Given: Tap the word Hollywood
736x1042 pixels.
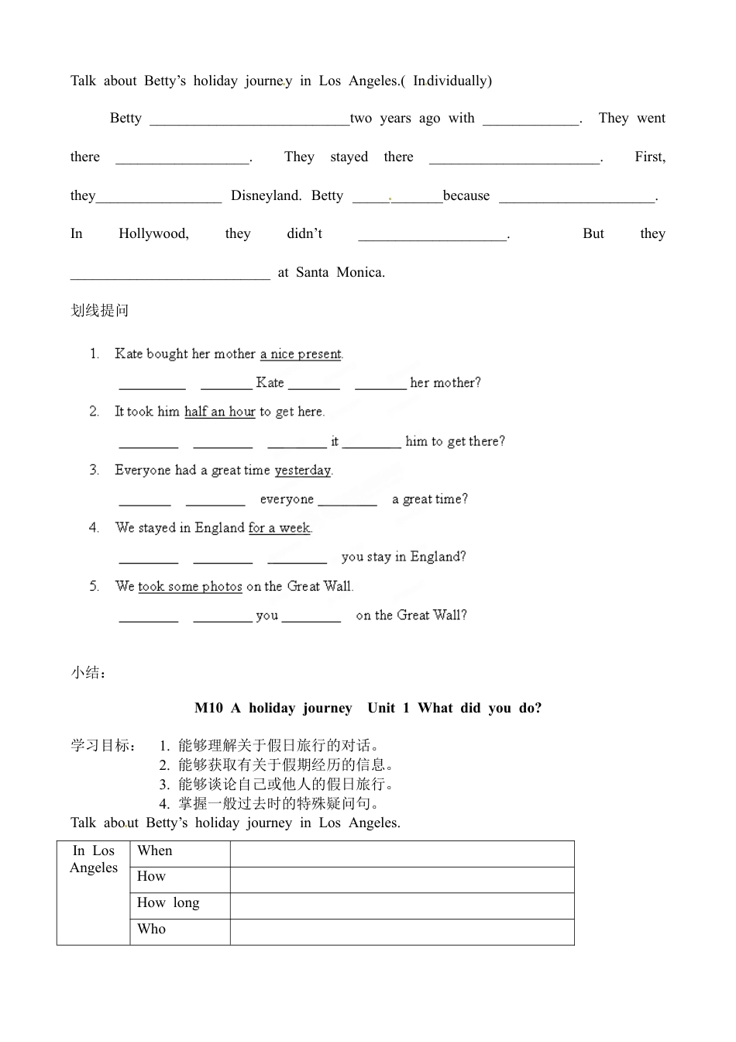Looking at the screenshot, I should click(x=153, y=233).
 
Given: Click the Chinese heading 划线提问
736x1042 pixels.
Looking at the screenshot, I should click(x=100, y=311).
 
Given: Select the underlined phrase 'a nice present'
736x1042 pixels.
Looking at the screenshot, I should click(x=301, y=354).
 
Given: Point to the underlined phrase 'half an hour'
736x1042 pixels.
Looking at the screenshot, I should click(x=220, y=412).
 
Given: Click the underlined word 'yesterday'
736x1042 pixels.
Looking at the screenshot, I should click(x=303, y=470).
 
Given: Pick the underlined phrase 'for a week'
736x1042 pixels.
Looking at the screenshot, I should click(x=279, y=528).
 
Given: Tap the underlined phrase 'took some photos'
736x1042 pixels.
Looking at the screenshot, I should click(x=190, y=586).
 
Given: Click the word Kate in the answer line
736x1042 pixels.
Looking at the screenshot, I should click(x=270, y=382).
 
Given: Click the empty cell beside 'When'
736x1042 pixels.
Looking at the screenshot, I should click(x=402, y=854).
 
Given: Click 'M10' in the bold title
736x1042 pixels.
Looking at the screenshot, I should click(x=208, y=708).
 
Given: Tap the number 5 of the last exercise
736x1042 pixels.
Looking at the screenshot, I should click(x=94, y=586).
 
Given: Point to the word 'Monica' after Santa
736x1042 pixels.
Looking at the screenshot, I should click(x=360, y=272).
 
